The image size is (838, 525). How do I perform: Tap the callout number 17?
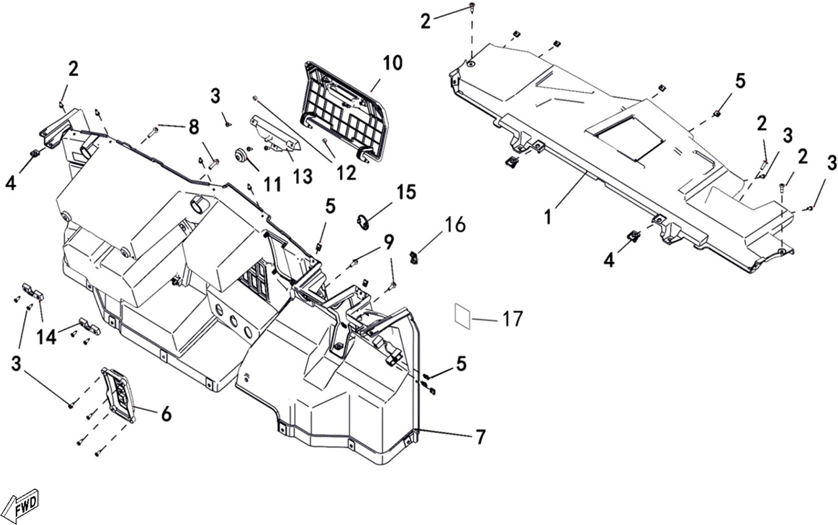[512, 319]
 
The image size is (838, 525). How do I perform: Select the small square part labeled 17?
[463, 316]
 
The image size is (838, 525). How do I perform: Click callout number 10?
[392, 64]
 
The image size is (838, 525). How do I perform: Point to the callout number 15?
[406, 192]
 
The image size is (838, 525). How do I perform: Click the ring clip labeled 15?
[363, 223]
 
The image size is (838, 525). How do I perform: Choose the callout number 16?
[455, 225]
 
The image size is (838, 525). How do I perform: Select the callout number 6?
[165, 414]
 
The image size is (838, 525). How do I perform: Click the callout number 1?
[548, 217]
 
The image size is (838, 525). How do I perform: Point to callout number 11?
[272, 184]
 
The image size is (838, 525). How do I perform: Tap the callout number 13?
[303, 176]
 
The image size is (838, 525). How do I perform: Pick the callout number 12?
[346, 173]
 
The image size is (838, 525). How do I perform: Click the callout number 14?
[47, 337]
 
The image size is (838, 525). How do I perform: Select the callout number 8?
[194, 127]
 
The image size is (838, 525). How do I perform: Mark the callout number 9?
[388, 242]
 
